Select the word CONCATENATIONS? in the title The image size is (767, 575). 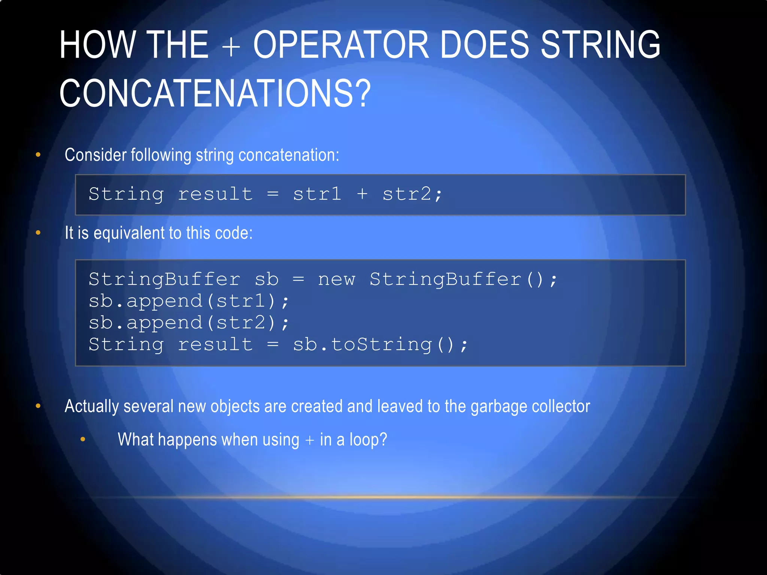click(215, 93)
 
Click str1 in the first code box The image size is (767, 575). click(317, 194)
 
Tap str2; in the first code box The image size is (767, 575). click(412, 194)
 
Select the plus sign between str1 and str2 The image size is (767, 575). click(362, 194)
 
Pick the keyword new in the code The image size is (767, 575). click(336, 280)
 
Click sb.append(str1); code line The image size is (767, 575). click(189, 301)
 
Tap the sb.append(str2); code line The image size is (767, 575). click(189, 323)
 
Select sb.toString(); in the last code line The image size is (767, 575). click(380, 345)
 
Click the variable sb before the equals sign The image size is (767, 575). click(266, 280)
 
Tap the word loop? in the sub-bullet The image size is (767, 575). click(368, 440)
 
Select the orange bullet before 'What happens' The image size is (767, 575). click(83, 439)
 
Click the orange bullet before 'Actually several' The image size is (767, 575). click(38, 406)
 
